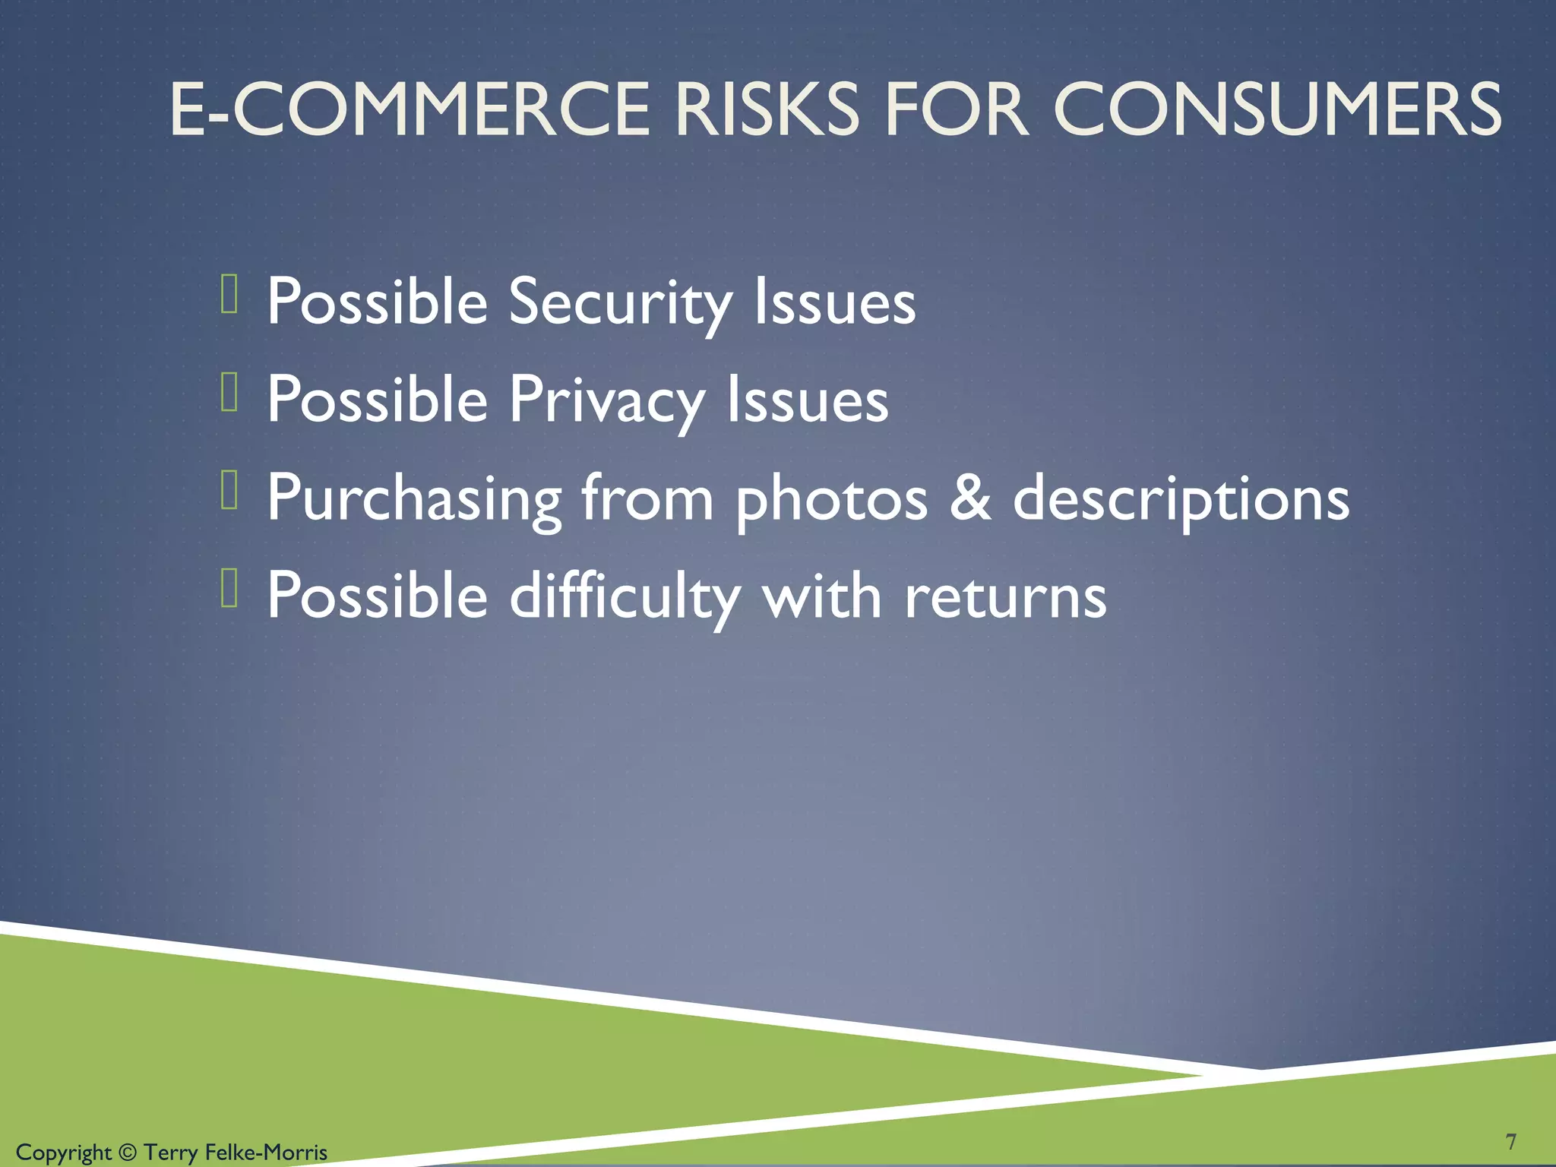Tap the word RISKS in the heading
click(767, 110)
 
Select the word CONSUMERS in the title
click(1277, 110)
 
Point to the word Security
click(620, 302)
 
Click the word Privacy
click(606, 400)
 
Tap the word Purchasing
click(414, 499)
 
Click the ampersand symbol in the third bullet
click(970, 498)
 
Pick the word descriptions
click(1181, 499)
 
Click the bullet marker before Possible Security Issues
click(229, 295)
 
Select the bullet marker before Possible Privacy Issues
click(229, 393)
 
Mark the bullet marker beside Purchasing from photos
click(229, 490)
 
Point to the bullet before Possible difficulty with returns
click(229, 588)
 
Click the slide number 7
click(1510, 1141)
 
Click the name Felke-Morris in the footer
click(266, 1153)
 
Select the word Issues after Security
click(834, 302)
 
